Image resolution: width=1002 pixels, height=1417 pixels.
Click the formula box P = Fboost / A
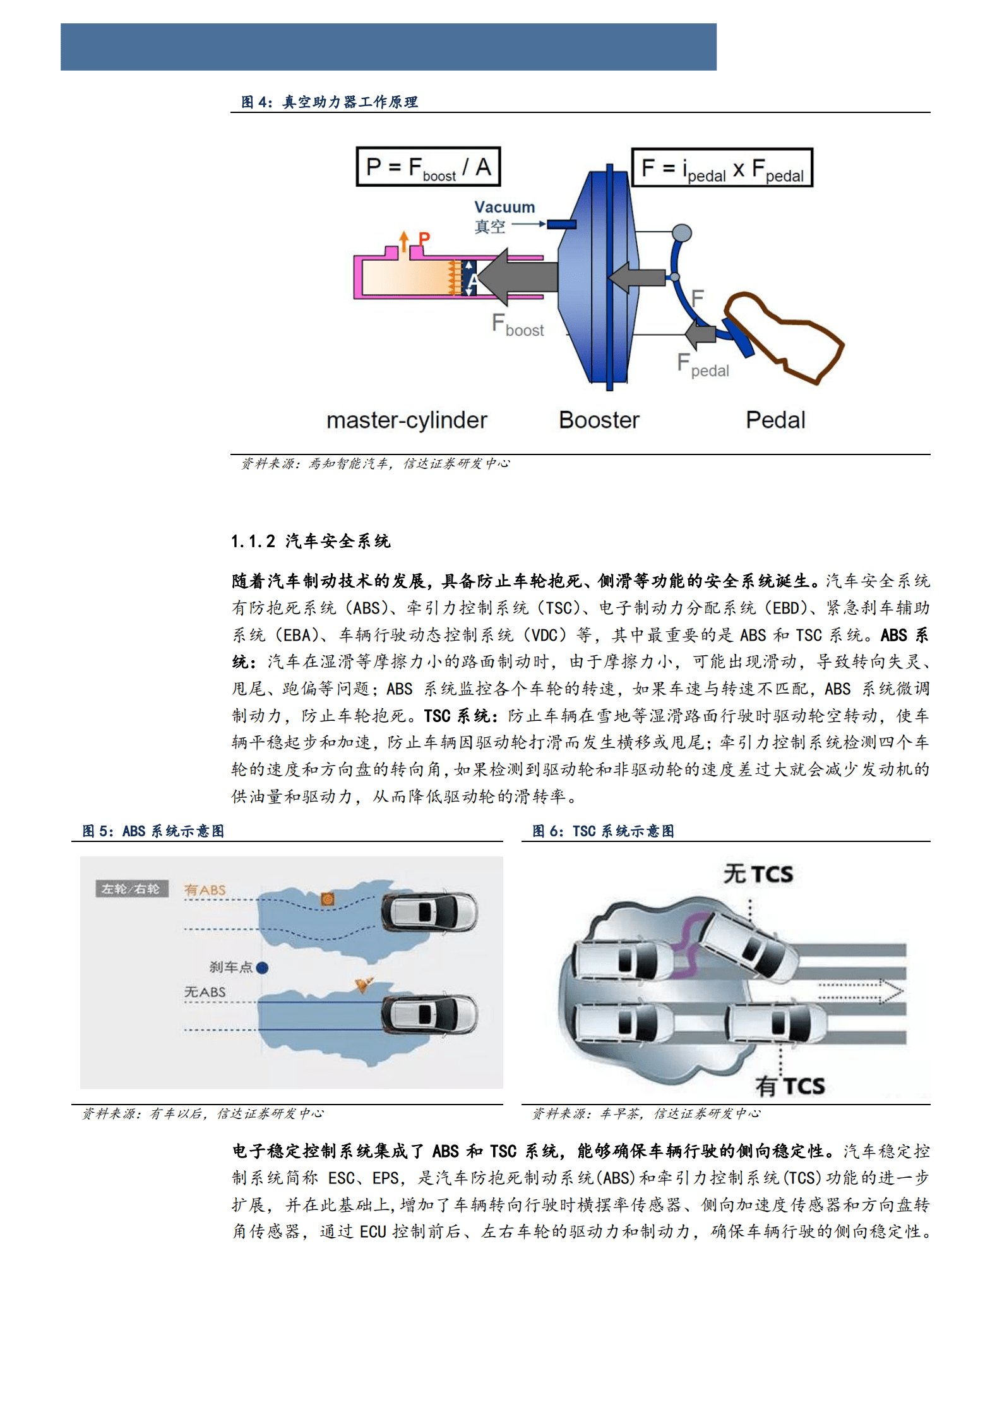click(428, 167)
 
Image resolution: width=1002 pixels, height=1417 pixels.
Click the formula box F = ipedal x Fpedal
click(722, 168)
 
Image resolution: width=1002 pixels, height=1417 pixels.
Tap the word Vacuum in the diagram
click(504, 207)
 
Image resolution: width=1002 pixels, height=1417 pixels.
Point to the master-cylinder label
click(407, 420)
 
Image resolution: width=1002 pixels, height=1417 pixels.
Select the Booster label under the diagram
click(599, 420)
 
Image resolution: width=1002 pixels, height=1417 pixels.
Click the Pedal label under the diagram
click(775, 420)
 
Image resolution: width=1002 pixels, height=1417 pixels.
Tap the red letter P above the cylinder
click(424, 239)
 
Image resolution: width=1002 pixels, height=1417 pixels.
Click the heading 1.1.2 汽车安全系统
click(311, 541)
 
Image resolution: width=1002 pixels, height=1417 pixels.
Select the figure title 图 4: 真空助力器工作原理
click(329, 102)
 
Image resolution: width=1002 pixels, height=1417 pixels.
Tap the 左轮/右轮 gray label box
click(131, 889)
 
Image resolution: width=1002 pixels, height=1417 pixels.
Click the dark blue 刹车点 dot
click(263, 968)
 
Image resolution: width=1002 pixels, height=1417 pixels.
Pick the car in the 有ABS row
click(429, 912)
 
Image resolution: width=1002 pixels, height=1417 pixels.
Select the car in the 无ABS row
click(429, 1014)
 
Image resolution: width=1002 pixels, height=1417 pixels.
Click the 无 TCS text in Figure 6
click(758, 874)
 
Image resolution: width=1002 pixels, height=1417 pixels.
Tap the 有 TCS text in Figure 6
click(790, 1086)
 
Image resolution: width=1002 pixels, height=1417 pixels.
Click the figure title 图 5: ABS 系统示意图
click(153, 831)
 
